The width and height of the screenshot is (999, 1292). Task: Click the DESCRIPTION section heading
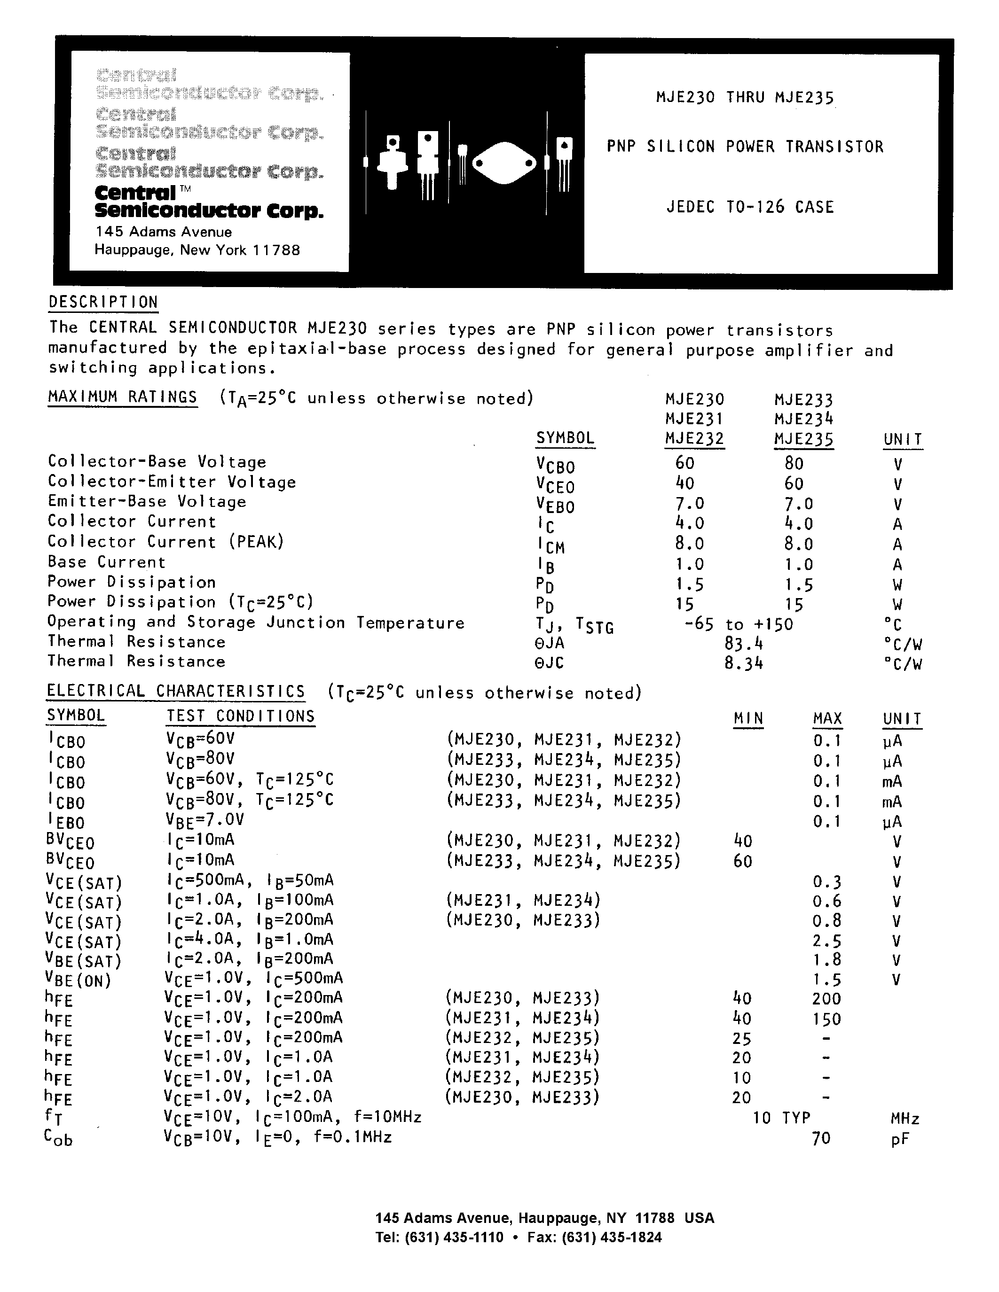(x=103, y=302)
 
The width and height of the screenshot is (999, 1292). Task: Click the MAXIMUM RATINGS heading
(x=123, y=397)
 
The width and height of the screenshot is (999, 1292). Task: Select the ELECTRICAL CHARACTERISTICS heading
(x=176, y=691)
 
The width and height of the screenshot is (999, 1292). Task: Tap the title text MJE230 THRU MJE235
(x=745, y=97)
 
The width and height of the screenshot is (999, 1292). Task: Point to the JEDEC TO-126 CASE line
(x=750, y=207)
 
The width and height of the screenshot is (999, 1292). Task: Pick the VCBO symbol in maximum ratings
(x=555, y=466)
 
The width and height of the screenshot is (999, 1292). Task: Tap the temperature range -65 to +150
(x=738, y=624)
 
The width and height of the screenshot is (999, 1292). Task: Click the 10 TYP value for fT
(x=781, y=1118)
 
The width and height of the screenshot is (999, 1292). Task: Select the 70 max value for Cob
(x=821, y=1137)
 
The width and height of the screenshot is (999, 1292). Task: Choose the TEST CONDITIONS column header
(x=240, y=716)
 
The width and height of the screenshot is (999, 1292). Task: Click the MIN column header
(x=748, y=718)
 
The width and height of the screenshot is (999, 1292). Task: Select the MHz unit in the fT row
(x=905, y=1119)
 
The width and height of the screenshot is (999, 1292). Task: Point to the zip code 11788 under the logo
(x=276, y=250)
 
